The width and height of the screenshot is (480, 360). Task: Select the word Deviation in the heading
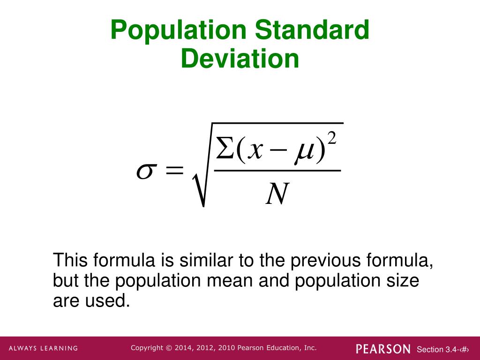(240, 60)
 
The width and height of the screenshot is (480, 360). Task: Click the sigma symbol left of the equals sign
(145, 172)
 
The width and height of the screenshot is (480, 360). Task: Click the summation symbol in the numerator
(224, 150)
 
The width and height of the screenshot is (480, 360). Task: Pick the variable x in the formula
(256, 151)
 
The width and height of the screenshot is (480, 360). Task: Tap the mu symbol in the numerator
(302, 153)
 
